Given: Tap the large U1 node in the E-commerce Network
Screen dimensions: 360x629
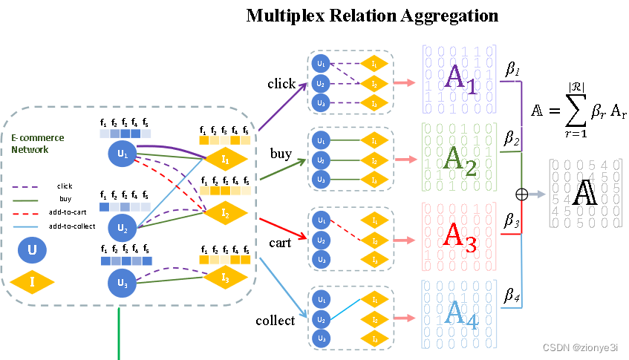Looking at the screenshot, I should coord(123,154).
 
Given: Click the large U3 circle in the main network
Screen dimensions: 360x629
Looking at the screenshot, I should coord(123,282).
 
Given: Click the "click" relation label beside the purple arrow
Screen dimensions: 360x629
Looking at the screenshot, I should coord(281,84).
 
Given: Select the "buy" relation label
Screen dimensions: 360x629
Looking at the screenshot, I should coord(281,154).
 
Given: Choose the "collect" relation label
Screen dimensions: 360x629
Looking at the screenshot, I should coord(275,321).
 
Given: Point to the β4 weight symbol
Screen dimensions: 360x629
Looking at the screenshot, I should coord(512,298).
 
